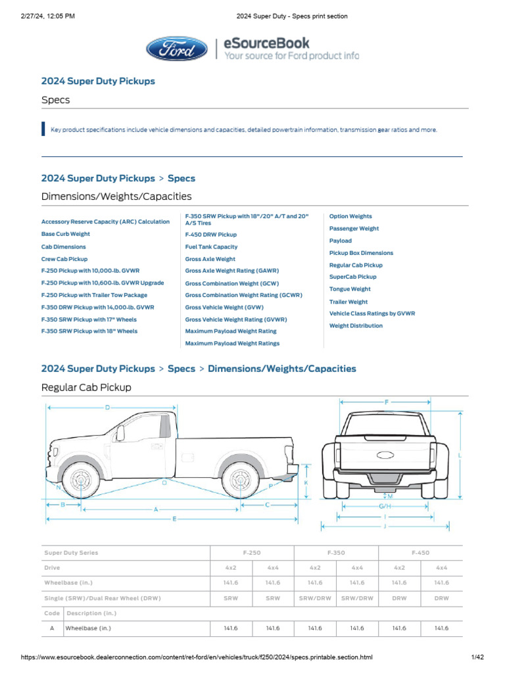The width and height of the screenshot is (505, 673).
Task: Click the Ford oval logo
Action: [x=177, y=49]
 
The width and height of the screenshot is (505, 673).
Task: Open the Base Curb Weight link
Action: [x=66, y=234]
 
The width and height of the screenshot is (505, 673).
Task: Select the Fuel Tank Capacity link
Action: [x=211, y=246]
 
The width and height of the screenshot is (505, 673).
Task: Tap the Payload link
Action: [x=341, y=241]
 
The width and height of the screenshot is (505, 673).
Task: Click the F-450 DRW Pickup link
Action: [x=211, y=235]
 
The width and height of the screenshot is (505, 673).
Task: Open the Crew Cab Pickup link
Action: [x=64, y=259]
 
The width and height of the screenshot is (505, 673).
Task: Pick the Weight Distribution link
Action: [x=356, y=326]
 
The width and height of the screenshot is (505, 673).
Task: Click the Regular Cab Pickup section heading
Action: [x=86, y=388]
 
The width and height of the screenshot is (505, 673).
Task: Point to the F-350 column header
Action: [x=336, y=553]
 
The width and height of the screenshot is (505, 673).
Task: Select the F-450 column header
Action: [x=420, y=553]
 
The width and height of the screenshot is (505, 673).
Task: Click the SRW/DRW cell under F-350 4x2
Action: [x=315, y=598]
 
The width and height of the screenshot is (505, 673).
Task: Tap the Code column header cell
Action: [x=52, y=613]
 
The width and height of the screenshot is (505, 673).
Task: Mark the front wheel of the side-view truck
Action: [x=81, y=480]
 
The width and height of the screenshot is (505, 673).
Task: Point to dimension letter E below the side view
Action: [x=175, y=519]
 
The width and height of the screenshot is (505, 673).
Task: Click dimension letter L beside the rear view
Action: [x=460, y=455]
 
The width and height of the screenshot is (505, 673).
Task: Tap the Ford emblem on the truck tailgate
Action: [x=385, y=455]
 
